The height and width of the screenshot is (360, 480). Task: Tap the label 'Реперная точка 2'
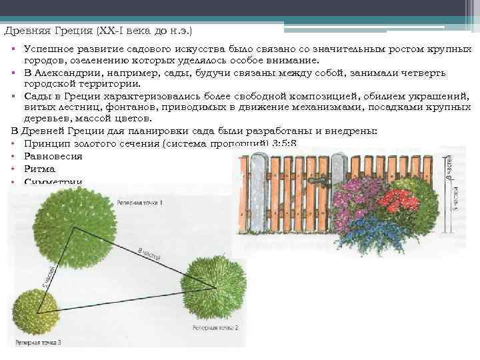click(215, 328)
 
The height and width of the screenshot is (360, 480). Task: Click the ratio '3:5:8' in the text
click(283, 143)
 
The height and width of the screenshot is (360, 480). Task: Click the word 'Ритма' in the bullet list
click(39, 169)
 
